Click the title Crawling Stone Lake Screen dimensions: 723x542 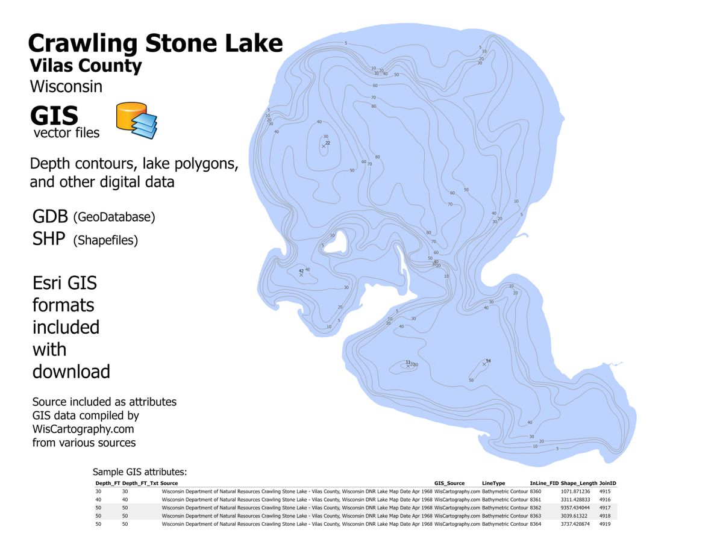coord(155,43)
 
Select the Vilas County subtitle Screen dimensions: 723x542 coord(86,66)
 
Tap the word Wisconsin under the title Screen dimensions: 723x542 coord(66,86)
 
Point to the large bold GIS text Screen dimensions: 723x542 coord(54,116)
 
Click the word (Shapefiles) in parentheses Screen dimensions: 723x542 coord(105,240)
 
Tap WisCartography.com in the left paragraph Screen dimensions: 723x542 coord(83,429)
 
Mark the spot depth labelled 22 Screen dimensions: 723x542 coord(328,143)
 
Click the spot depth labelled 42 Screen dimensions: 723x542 coord(301,272)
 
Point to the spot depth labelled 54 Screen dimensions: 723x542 coord(488,361)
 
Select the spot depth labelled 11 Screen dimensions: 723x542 coord(408,363)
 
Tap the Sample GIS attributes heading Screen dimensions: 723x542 coord(140,472)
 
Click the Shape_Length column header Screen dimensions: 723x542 coord(578,483)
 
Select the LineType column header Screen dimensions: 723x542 coord(493,483)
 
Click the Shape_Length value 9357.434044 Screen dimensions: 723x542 coord(575,508)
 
